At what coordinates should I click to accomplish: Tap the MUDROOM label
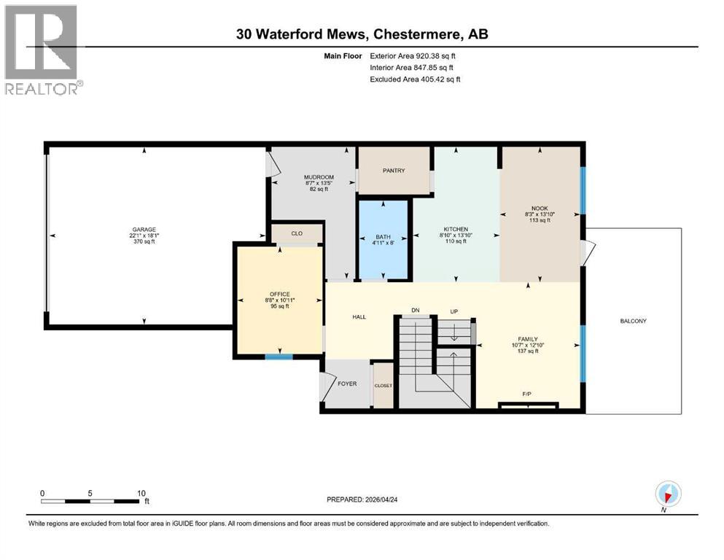[x=319, y=177]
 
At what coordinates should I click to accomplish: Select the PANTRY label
[x=393, y=171]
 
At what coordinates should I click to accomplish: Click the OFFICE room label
[x=277, y=295]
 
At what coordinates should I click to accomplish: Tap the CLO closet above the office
[x=297, y=234]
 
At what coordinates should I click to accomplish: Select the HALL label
[x=359, y=317]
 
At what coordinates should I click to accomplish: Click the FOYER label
[x=347, y=384]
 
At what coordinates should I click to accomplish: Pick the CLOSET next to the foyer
[x=383, y=385]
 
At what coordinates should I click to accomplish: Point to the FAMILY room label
[x=527, y=339]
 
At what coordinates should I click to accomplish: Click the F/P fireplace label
[x=527, y=394]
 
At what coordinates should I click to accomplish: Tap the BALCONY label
[x=633, y=321]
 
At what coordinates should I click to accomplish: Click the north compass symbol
[x=669, y=494]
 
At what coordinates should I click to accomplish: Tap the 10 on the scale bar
[x=141, y=493]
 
